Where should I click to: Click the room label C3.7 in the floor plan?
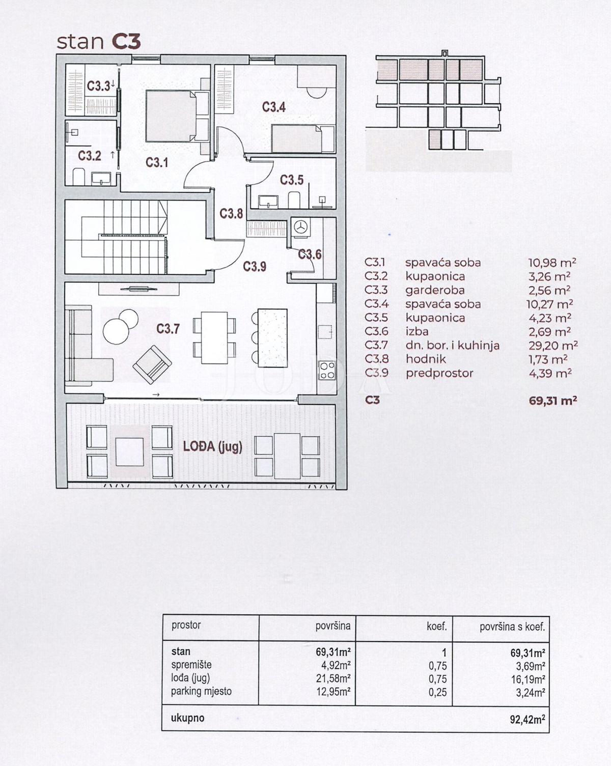coord(168,329)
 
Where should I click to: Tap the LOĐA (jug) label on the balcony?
coord(212,447)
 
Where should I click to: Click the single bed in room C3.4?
coord(296,138)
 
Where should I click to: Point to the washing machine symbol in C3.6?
coord(301,228)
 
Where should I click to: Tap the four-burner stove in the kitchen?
coord(326,370)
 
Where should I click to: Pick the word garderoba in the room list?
coord(435,291)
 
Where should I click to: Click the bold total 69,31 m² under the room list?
coord(552,401)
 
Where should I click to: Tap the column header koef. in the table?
coord(436,627)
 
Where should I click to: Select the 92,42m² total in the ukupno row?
coord(524,719)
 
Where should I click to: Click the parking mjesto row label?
coord(201,691)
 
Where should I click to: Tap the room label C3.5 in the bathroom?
coord(292,180)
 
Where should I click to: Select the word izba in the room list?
coord(417,332)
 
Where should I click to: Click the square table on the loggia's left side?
coord(129,452)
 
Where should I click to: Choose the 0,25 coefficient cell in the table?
coord(437,692)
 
